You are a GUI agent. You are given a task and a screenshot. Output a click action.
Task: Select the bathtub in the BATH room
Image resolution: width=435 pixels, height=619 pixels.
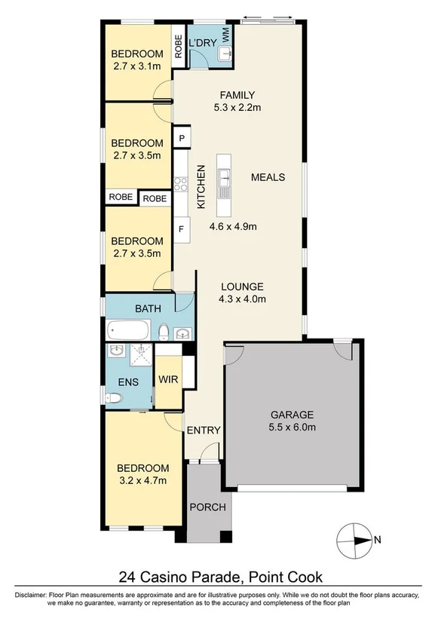point(129,330)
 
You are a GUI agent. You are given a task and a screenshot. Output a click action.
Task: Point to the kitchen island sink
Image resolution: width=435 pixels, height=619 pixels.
point(224,182)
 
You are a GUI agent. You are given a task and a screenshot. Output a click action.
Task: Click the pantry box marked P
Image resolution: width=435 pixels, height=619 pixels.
point(182,138)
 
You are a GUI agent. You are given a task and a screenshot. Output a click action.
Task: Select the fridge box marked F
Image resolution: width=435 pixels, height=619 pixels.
point(182,228)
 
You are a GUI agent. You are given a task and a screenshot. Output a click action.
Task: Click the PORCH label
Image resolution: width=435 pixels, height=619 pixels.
point(207,507)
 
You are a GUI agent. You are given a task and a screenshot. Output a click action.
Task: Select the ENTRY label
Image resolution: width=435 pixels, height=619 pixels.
point(204,431)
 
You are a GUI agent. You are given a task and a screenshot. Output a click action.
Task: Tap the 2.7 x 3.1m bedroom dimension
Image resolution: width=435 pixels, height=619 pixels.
point(136,66)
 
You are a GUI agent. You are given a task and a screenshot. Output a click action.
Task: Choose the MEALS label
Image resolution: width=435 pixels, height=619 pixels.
point(268,177)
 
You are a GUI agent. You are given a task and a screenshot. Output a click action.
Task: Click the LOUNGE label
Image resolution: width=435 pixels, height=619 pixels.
point(242,287)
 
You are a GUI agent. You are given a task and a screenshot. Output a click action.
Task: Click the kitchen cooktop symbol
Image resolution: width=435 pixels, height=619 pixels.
point(181,183)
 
